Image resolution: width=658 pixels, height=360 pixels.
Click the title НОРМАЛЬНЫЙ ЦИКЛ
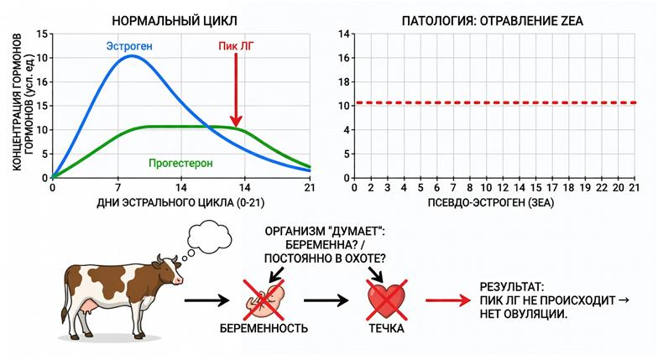[175, 20]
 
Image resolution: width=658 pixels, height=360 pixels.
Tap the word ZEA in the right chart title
[572, 20]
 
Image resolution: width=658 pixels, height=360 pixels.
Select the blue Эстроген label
[129, 46]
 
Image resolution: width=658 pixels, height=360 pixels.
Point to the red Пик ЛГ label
[236, 46]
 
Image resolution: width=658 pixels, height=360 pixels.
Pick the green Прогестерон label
[180, 163]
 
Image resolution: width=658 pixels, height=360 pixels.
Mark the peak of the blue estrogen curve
[132, 55]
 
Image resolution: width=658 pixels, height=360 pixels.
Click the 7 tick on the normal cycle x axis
[117, 188]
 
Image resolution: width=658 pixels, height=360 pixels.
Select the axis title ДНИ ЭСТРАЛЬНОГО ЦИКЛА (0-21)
[181, 203]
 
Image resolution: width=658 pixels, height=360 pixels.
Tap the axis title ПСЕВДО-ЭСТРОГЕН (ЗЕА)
[491, 203]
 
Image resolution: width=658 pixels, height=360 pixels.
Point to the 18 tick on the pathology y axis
[344, 82]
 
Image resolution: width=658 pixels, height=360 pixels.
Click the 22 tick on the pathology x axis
[602, 188]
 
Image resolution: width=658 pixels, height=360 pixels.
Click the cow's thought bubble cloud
[209, 237]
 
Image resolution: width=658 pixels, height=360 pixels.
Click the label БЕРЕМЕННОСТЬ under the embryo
[264, 328]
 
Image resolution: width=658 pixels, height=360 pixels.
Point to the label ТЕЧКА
[386, 328]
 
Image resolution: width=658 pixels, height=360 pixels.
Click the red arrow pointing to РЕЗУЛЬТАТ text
[448, 300]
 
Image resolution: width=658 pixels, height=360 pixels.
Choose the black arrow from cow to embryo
[206, 300]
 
